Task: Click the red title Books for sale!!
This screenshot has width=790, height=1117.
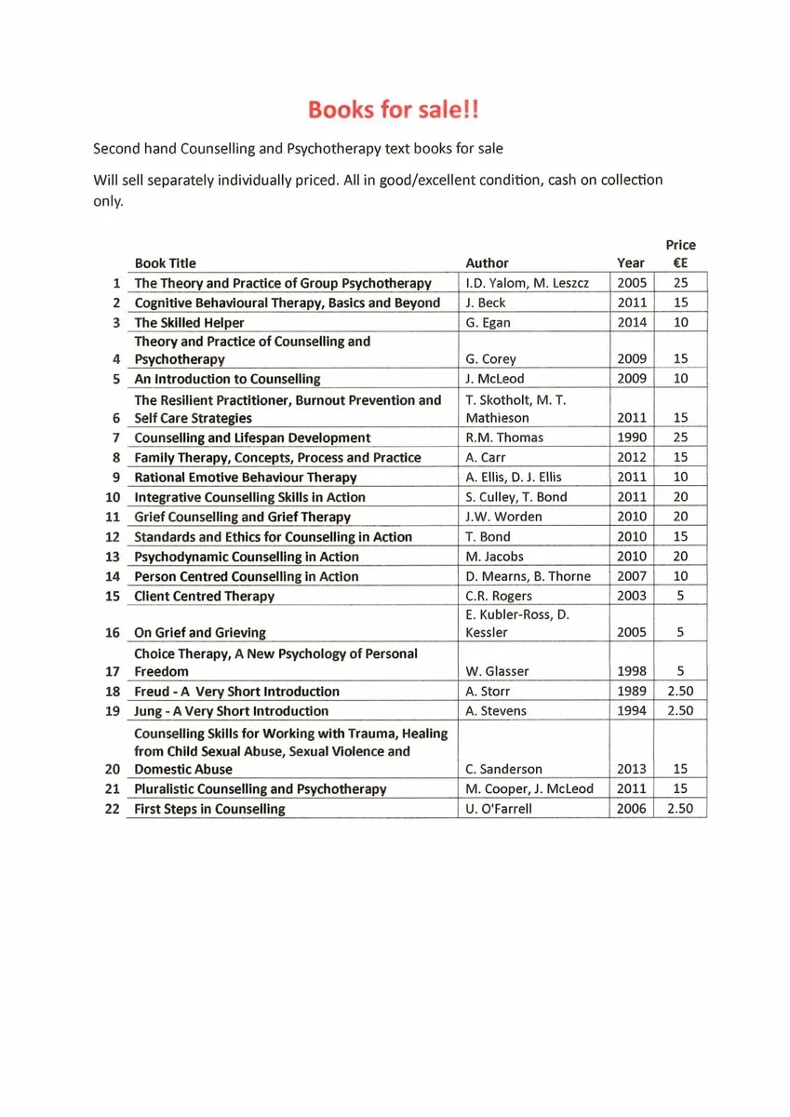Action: coord(395,111)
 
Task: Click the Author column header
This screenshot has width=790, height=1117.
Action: coord(487,263)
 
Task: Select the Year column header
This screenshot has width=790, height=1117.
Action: coord(630,263)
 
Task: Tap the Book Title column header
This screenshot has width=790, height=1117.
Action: coord(166,263)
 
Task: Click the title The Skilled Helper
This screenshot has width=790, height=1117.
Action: coord(190,322)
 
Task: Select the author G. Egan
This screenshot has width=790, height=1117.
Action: coord(488,322)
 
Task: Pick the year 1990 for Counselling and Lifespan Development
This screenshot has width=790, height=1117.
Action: coord(632,437)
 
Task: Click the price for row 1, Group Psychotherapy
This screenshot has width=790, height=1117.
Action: coord(680,283)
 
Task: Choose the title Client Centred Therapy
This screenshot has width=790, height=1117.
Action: coord(205,596)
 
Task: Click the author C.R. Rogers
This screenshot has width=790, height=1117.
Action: coord(499,596)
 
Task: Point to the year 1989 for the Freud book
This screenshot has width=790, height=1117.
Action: coord(632,692)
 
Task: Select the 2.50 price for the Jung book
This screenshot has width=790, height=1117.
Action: coord(680,711)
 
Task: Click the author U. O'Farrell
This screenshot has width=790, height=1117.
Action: coord(499,809)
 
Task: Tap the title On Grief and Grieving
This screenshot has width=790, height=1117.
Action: coord(200,633)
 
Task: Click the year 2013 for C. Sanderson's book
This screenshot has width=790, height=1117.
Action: coord(632,770)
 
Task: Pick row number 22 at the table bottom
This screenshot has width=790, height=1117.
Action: coord(113,809)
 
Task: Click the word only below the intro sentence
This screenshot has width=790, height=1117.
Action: coord(109,201)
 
